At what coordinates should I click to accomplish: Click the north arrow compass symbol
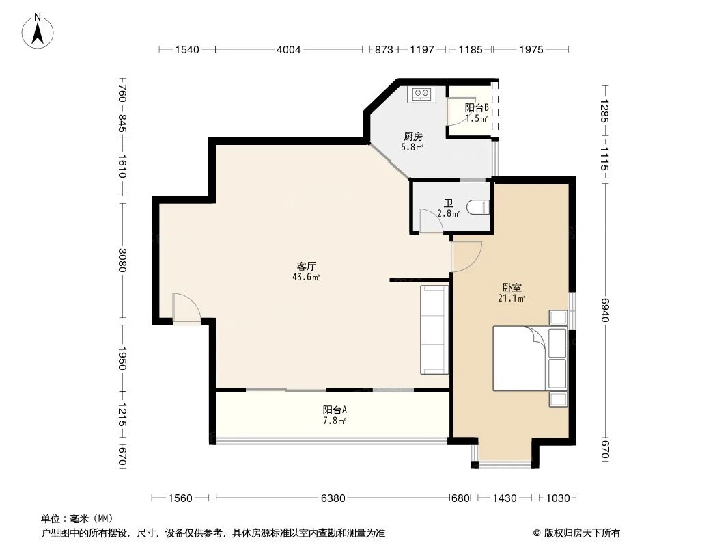pos(38,31)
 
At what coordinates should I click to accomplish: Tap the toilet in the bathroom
pos(478,206)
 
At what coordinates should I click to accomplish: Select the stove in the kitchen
pos(421,94)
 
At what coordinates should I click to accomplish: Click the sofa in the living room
pos(434,330)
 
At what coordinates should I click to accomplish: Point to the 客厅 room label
pos(307,266)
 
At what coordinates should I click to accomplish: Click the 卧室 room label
pos(512,288)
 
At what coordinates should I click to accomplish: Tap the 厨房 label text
pos(412,137)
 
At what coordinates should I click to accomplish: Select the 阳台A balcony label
pos(335,410)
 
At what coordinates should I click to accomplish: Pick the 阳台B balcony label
pos(477,107)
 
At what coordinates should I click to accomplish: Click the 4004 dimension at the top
pos(289,49)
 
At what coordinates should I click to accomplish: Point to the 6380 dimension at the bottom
pos(333,498)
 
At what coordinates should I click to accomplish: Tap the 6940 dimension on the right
pos(604,310)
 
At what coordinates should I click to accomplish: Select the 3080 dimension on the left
pos(122,261)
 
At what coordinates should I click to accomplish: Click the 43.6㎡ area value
pos(306,278)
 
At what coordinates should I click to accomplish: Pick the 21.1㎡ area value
pos(512,298)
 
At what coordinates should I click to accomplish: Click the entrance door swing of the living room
pos(186,307)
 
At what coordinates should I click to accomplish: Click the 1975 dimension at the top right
pos(531,49)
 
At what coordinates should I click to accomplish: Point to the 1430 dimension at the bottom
pos(504,498)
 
